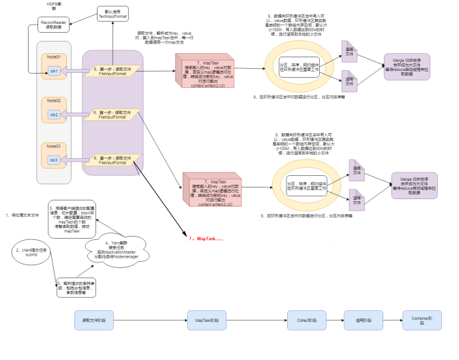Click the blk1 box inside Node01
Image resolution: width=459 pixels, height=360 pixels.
coord(54,71)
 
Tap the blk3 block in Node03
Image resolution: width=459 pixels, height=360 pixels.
coord(54,160)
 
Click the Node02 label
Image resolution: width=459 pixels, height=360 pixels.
coord(54,100)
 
